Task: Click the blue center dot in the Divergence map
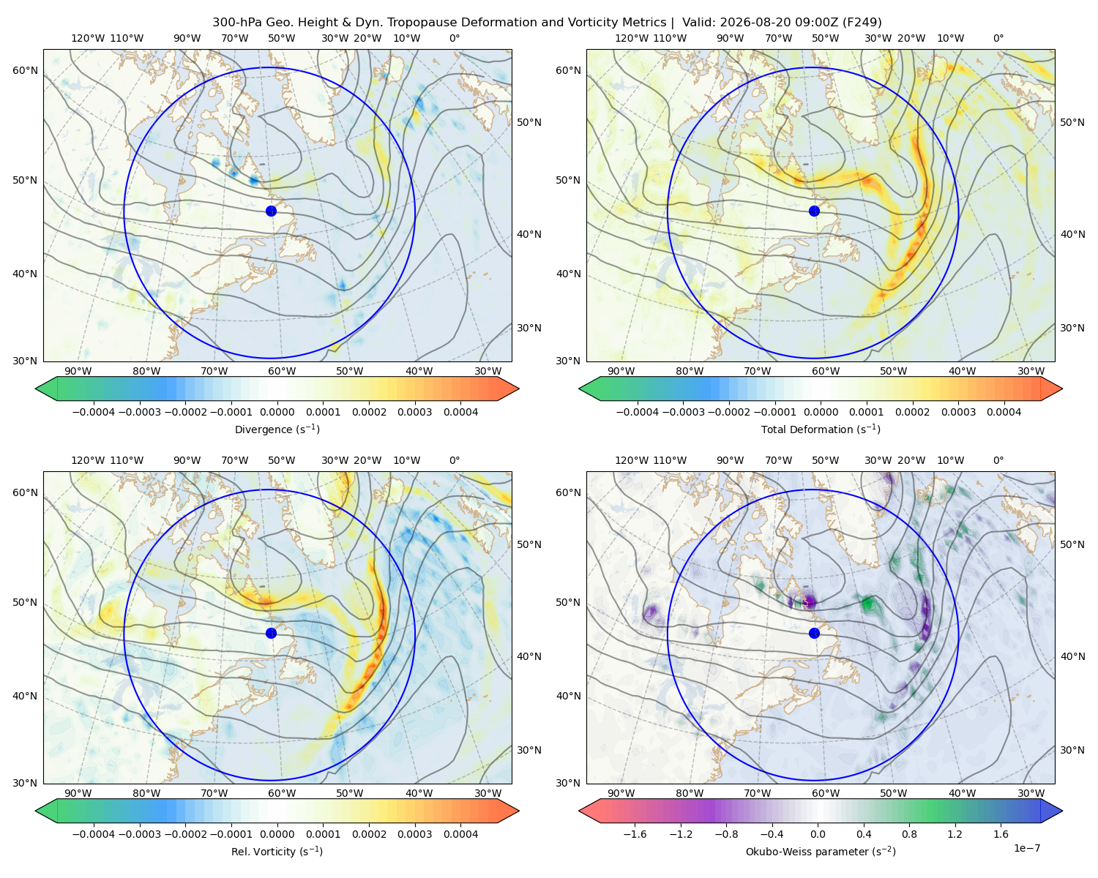[271, 211]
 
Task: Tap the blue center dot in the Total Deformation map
[814, 211]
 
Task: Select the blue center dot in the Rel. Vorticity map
[271, 633]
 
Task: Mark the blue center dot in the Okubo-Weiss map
[814, 633]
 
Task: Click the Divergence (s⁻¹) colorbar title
[277, 429]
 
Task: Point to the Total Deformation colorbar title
[821, 429]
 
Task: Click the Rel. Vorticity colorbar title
[277, 851]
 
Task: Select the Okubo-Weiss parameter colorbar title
[821, 851]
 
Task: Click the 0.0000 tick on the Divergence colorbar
[277, 412]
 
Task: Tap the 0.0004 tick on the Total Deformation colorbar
[1004, 412]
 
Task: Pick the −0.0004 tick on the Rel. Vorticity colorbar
[94, 834]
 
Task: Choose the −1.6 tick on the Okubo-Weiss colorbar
[635, 834]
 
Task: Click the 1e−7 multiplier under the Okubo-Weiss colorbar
[1026, 848]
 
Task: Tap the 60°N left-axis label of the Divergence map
[25, 70]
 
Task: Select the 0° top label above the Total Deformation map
[998, 38]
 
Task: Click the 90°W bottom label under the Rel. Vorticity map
[78, 793]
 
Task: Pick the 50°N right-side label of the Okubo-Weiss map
[1072, 544]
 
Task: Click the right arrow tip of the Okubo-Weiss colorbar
[1062, 811]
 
